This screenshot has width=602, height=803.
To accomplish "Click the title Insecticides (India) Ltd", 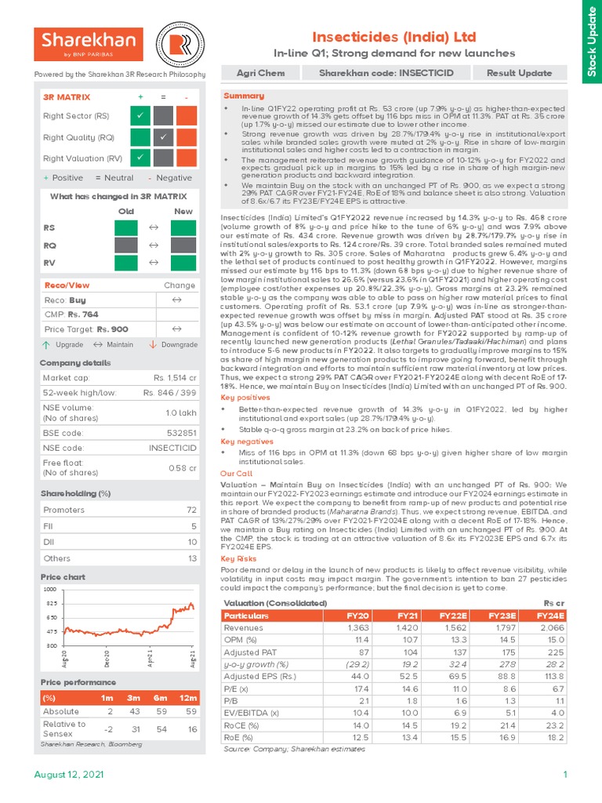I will click(393, 37).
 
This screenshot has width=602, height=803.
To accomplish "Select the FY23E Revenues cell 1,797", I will click(509, 627).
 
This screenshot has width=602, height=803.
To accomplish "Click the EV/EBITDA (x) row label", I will click(252, 712).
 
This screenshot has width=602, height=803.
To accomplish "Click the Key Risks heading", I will click(238, 558).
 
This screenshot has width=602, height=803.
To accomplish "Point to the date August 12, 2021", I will click(68, 775).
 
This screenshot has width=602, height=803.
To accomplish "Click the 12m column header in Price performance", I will click(187, 697).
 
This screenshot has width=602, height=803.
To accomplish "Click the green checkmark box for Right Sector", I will click(140, 117).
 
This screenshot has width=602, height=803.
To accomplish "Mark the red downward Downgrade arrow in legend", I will click(153, 345).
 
